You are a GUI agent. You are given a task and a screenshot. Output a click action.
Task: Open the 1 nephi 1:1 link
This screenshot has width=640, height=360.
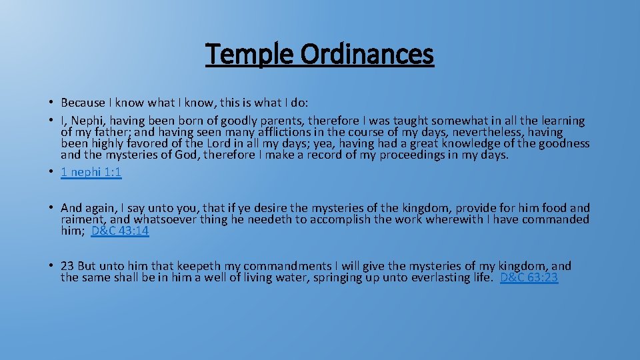[x=91, y=172]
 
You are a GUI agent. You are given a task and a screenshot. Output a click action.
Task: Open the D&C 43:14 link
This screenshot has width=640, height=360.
[x=120, y=231]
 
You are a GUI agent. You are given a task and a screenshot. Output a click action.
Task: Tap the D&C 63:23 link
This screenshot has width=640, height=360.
[x=529, y=277]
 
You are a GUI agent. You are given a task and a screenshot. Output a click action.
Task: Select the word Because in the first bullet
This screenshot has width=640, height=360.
[x=83, y=103]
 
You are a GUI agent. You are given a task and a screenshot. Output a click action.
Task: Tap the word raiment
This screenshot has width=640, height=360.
[x=82, y=219]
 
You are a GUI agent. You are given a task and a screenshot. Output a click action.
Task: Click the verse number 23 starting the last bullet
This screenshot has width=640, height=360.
[x=67, y=266]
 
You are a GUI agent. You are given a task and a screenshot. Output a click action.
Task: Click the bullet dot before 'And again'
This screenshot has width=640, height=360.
[x=51, y=208]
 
